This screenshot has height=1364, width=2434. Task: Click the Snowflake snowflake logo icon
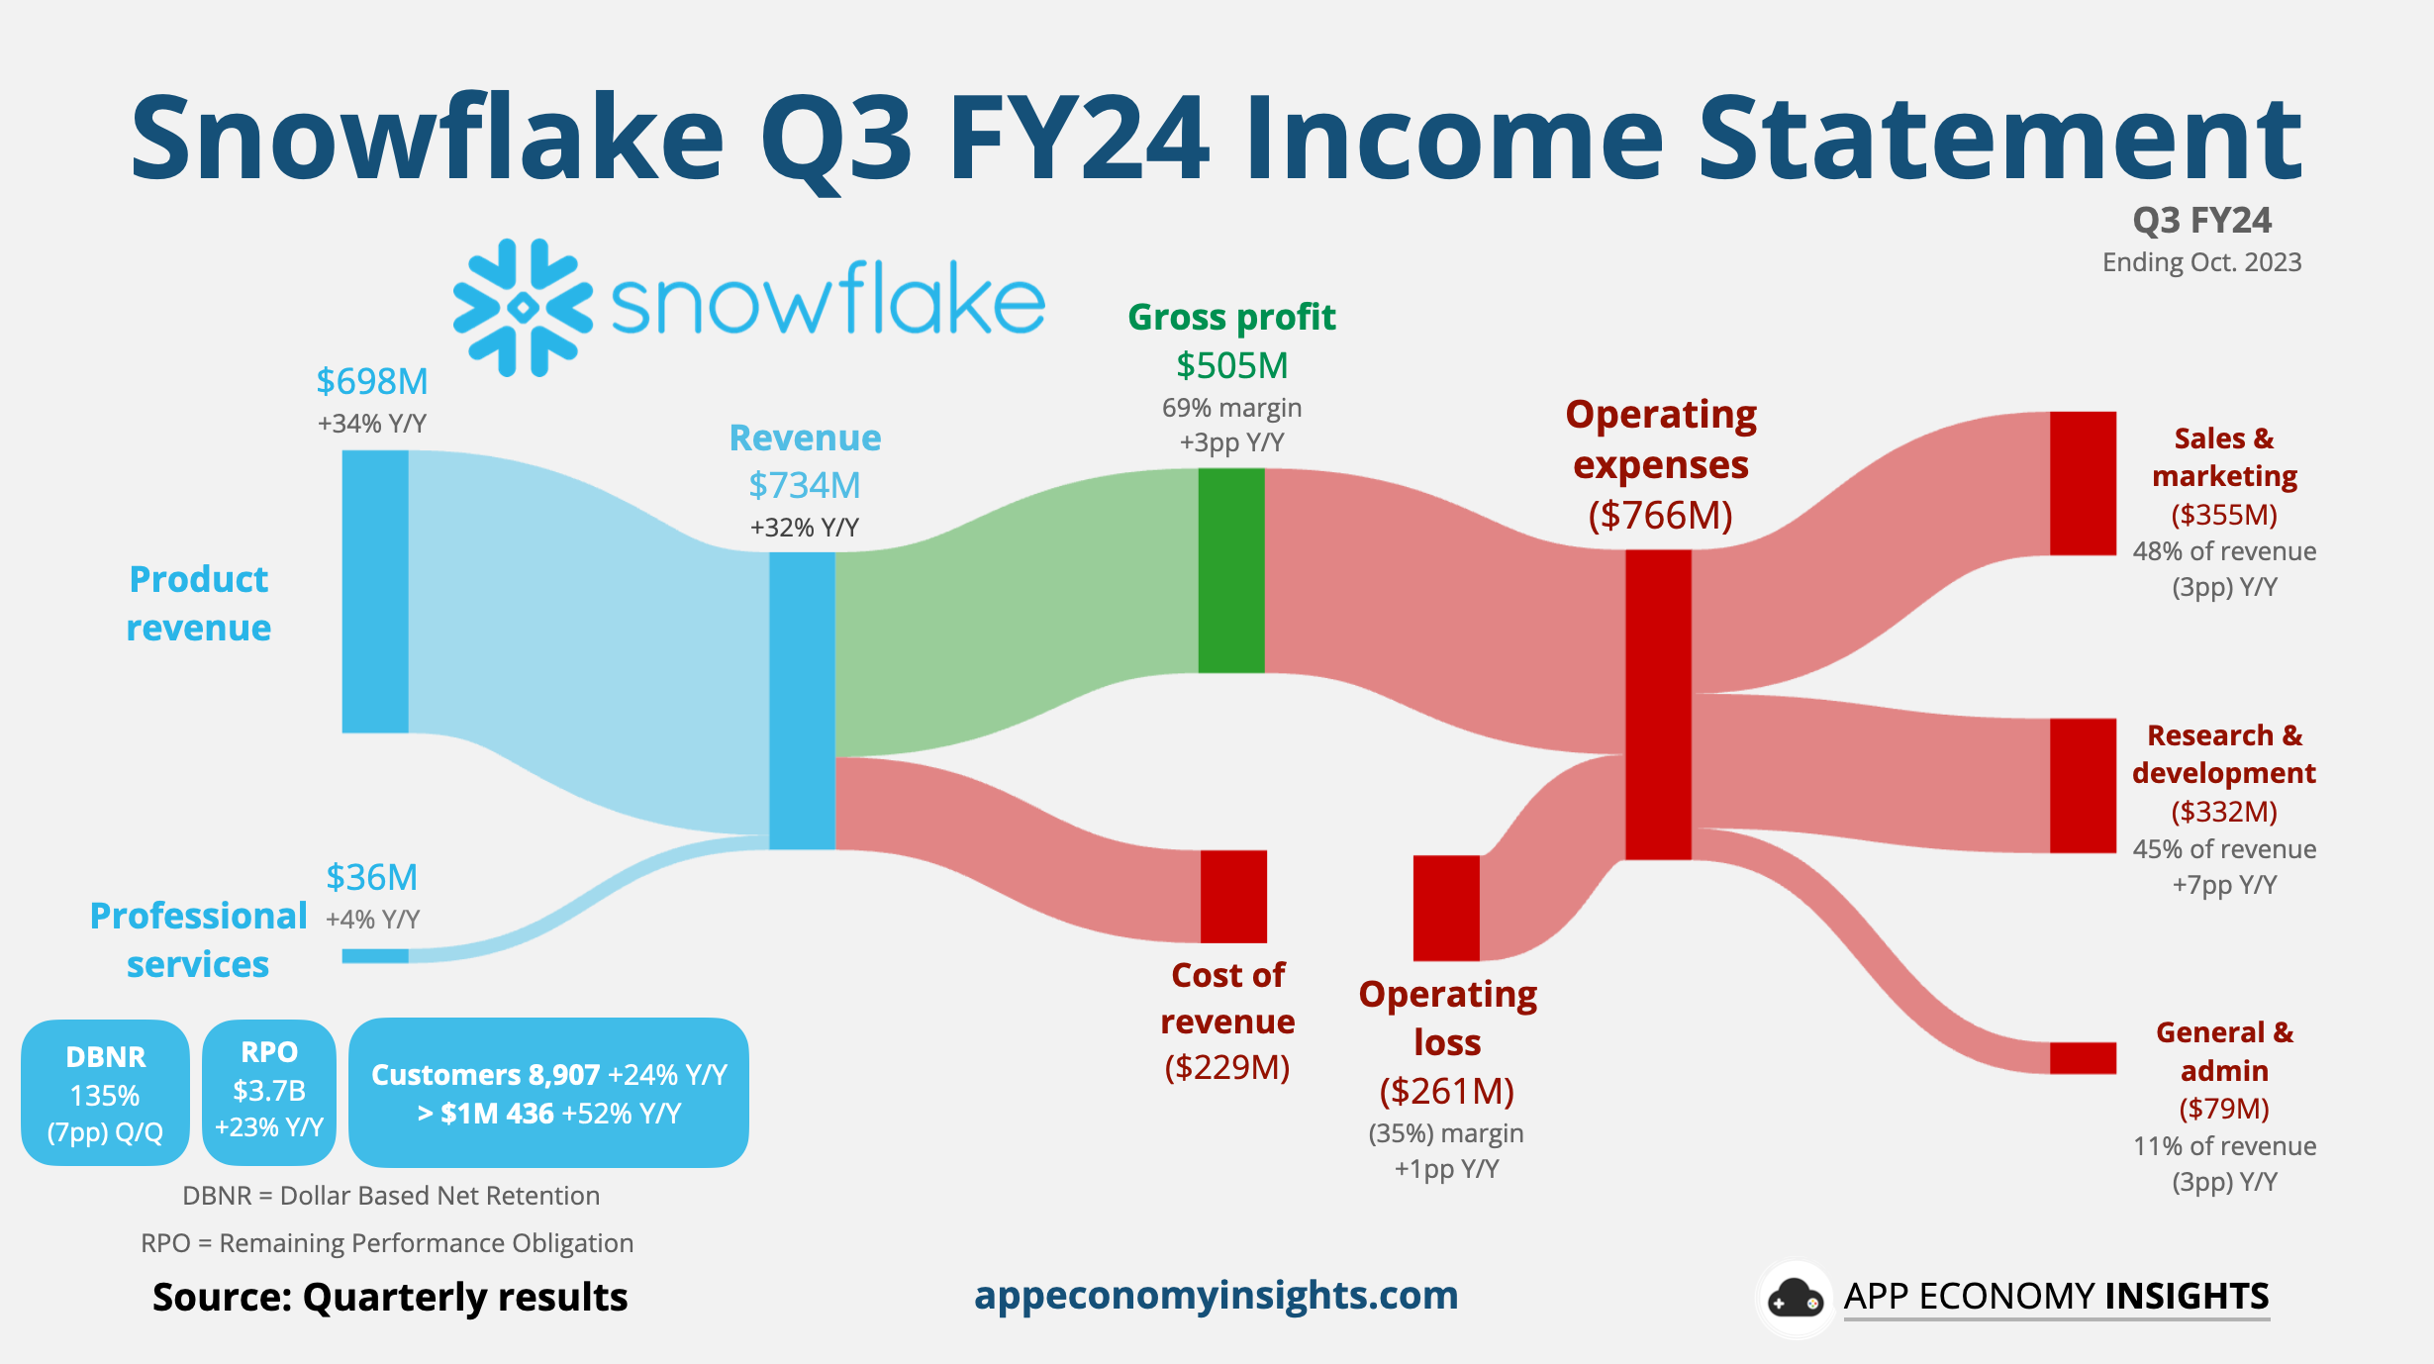coord(523,308)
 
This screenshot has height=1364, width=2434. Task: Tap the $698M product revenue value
coord(372,381)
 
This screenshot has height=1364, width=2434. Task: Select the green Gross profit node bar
coord(1231,570)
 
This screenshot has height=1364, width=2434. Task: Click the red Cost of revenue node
coord(1233,896)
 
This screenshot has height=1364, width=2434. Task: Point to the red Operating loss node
coord(1446,908)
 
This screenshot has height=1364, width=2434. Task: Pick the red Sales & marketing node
coord(2083,483)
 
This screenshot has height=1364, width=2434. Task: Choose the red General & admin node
coord(2083,1057)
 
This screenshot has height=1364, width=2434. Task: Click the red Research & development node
coord(2083,785)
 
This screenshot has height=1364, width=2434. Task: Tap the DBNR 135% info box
coord(105,1093)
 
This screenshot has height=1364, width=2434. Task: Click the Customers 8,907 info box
coord(548,1093)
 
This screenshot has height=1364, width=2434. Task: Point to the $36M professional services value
coord(372,877)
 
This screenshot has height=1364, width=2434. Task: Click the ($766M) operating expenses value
coord(1660,515)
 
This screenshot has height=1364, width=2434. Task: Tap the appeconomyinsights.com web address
coord(1216,1295)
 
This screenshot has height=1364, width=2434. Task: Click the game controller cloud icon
coord(1795,1298)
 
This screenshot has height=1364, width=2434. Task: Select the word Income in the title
coord(1454,138)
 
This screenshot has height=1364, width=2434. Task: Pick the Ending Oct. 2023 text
coord(2201,262)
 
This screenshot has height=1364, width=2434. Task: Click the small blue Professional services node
coord(375,956)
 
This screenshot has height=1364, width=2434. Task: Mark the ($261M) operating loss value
coord(1447,1091)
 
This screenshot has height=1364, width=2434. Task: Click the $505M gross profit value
coord(1231,365)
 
